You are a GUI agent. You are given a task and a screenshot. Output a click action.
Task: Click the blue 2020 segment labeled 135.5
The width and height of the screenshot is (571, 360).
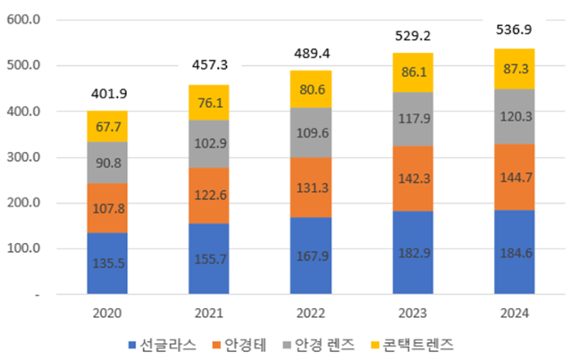[107, 264]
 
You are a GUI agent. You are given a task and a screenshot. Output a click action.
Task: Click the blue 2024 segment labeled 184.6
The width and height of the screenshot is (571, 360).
[515, 252]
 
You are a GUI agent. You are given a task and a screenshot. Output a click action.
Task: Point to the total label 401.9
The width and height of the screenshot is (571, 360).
[108, 93]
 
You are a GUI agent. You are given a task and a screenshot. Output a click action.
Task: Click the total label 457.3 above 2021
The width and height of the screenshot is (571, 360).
[210, 65]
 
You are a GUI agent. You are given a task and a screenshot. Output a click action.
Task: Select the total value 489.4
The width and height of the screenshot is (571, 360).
[311, 53]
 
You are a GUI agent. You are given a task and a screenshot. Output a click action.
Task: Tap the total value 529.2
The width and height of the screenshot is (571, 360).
[413, 34]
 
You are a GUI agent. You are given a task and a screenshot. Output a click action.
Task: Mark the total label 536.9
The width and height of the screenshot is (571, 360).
[515, 30]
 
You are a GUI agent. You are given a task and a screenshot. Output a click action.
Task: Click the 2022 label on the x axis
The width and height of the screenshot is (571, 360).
[311, 314]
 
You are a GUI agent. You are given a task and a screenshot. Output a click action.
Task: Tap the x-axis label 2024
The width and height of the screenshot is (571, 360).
[515, 314]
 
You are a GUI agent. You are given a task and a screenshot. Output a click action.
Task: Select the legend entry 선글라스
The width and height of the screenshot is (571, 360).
[164, 344]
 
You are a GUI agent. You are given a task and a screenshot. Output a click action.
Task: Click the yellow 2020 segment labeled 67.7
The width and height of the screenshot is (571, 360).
[107, 127]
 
